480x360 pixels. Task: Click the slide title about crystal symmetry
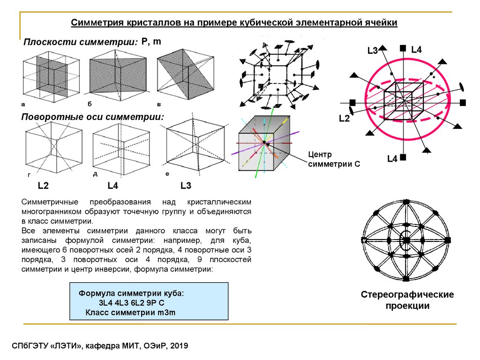pos(234,22)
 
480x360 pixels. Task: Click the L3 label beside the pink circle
pos(373,51)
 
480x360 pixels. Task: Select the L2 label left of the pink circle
pos(345,119)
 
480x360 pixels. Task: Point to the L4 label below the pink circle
pos(392,159)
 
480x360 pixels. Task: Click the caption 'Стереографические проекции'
pos(407,300)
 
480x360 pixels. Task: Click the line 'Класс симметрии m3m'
pos(130,312)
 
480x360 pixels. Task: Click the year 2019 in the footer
pos(179,346)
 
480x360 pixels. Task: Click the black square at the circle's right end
pos(463,102)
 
